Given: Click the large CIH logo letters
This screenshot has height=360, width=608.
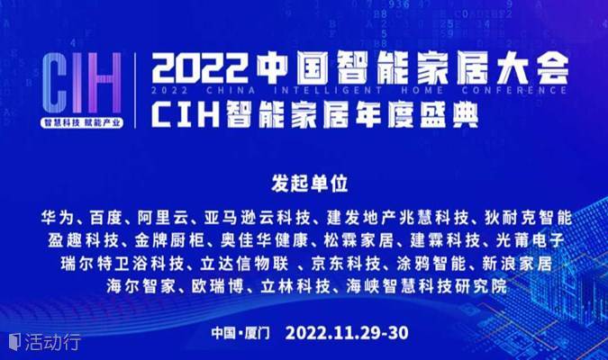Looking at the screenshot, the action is tap(82, 83).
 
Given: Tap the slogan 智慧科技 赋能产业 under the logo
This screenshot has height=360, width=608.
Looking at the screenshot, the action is tap(82, 122).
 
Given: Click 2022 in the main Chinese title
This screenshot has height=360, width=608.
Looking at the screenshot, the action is tap(200, 69).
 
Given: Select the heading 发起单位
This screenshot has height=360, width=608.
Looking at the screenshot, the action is tap(310, 184).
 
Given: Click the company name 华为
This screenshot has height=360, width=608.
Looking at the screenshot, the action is tap(58, 218).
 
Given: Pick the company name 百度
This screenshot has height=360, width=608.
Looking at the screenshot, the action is tap(106, 218).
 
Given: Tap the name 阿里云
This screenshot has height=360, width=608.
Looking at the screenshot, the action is tap(163, 218).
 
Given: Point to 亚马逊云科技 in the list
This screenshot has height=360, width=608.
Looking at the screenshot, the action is tap(258, 218).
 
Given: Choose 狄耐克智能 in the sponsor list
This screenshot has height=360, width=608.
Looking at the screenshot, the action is tap(529, 218).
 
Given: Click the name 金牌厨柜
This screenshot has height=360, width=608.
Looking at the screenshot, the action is tap(169, 240).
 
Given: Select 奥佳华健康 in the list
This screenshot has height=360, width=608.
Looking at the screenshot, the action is tap(265, 240).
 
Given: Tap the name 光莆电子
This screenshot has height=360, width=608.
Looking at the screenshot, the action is tap(530, 240).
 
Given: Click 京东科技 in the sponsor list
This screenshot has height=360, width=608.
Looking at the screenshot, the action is tap(346, 264).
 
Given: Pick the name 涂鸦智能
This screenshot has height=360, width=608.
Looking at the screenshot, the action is tap(431, 264).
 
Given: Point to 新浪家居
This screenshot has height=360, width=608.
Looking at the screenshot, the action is tap(517, 264).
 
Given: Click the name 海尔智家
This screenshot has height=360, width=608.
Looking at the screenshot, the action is tap(141, 287).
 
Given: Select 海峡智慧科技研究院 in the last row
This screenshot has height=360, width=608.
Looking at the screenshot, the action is tap(427, 287).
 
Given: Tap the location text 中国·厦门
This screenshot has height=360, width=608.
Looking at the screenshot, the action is tap(240, 333).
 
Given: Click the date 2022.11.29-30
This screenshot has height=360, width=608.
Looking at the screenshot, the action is tap(347, 333).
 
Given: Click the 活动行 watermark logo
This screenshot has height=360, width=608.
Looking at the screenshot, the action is tap(45, 342).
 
